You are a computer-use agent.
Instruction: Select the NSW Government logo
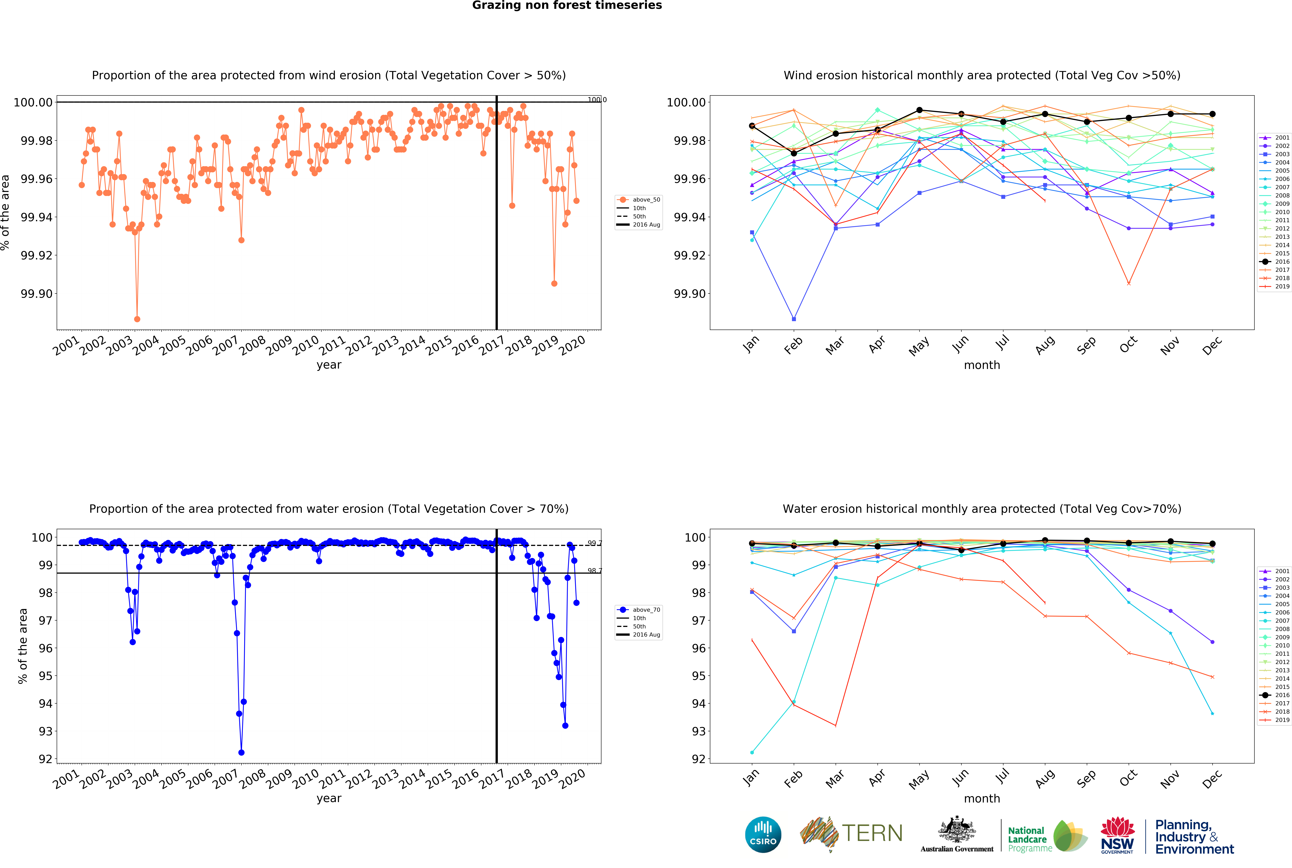1117,835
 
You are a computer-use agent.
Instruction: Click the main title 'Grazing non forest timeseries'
567,6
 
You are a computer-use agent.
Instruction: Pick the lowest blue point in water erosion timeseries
241,752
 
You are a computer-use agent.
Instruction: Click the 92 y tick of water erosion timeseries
45,759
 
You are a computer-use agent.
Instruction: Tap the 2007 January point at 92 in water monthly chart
752,752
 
